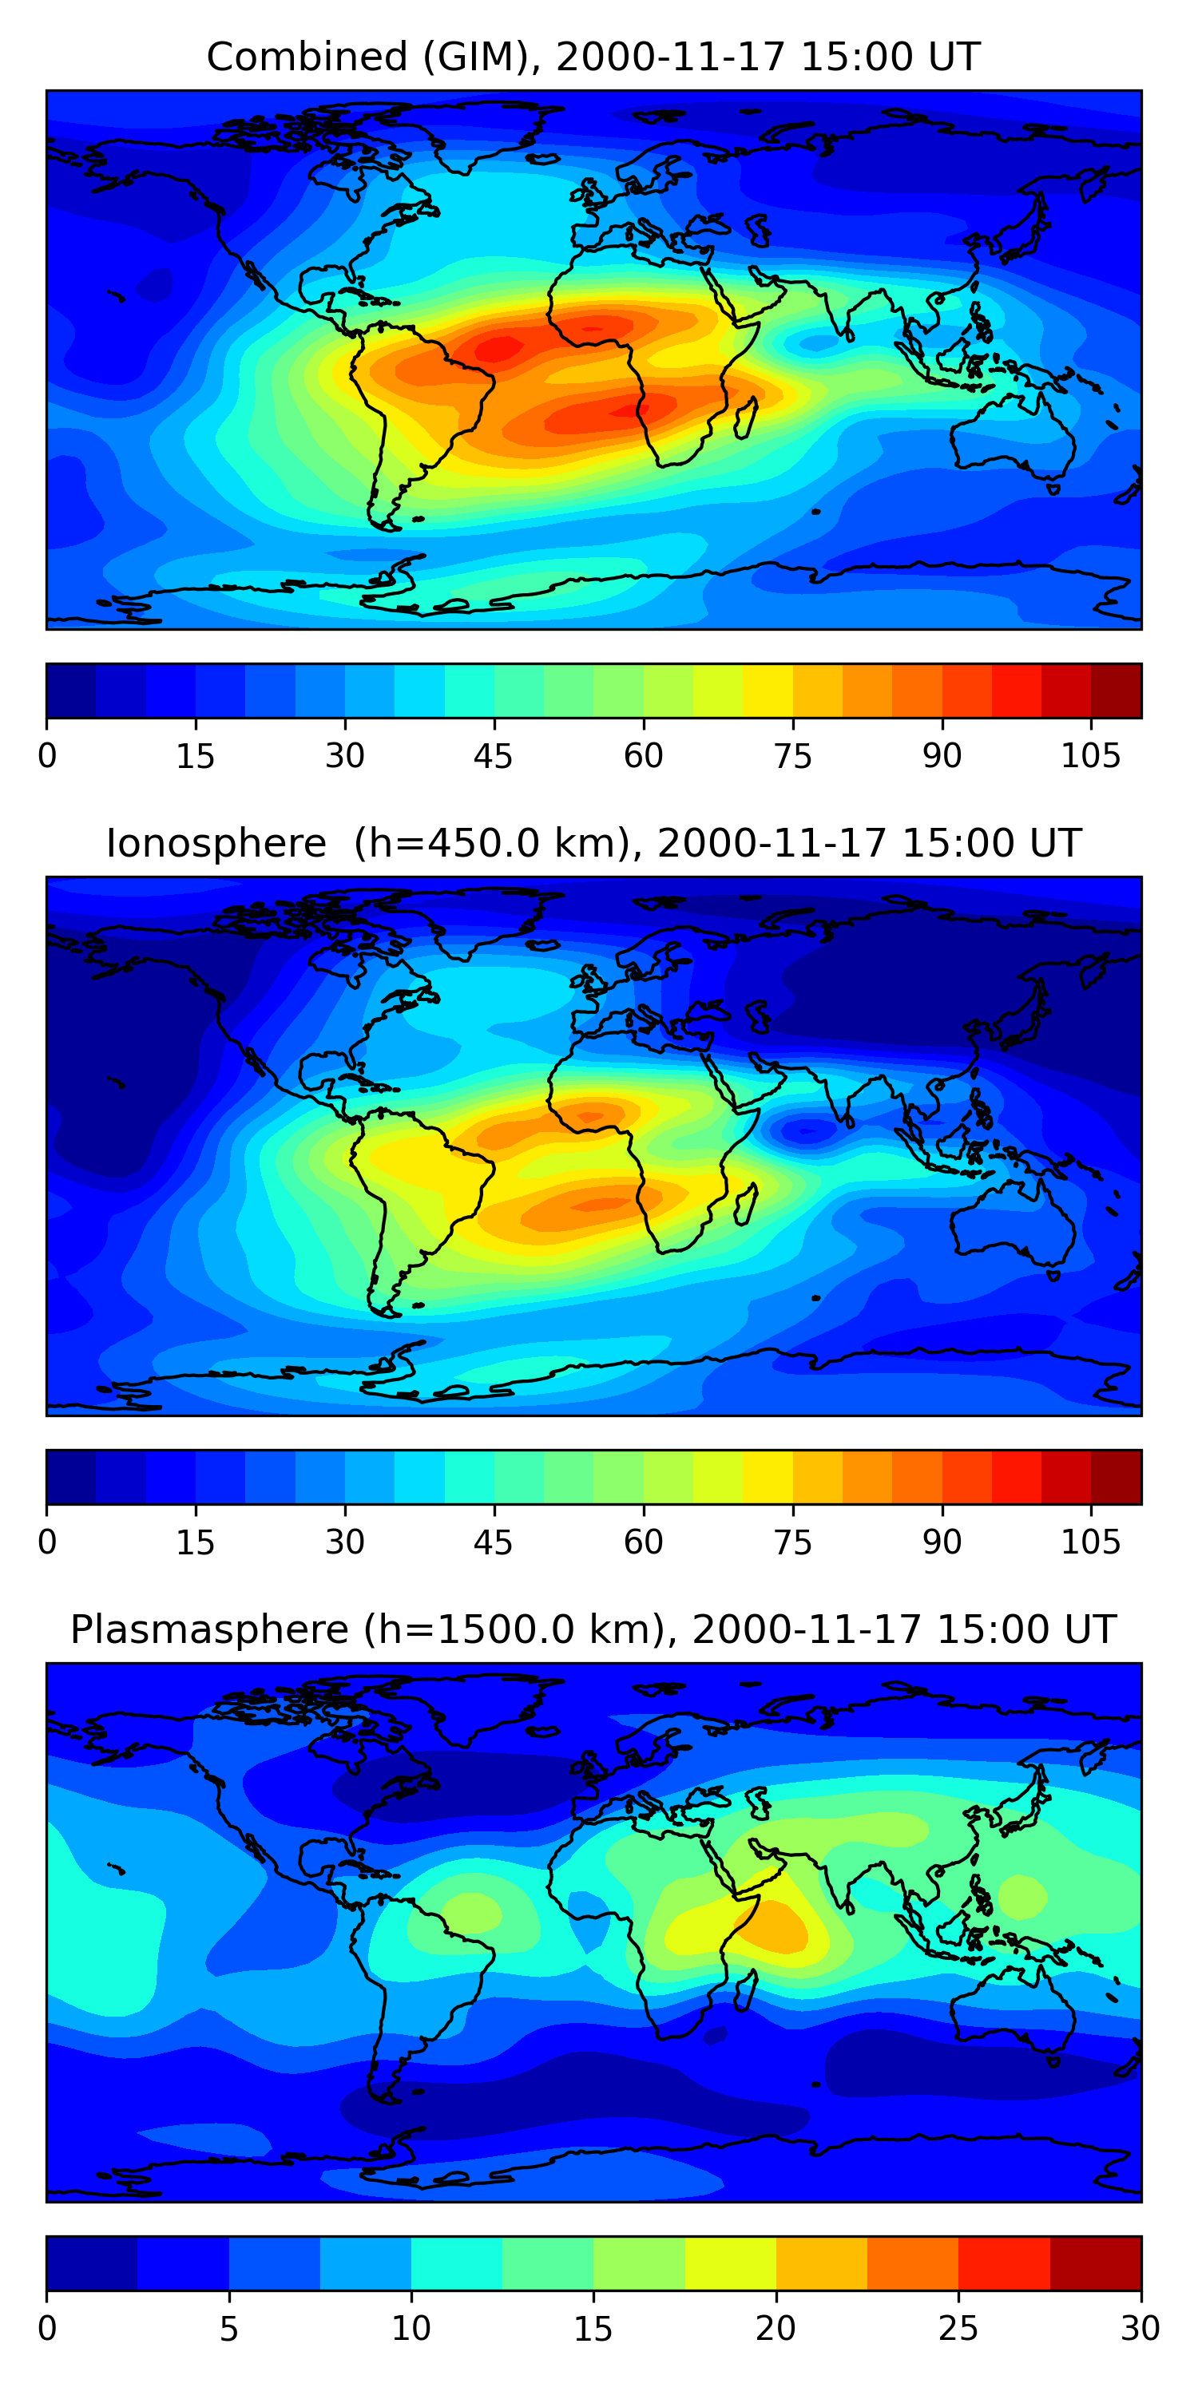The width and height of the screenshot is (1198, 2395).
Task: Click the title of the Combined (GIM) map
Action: pyautogui.click(x=593, y=57)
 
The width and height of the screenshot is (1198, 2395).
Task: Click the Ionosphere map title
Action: pyautogui.click(x=593, y=844)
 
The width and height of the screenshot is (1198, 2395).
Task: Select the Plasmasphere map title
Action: pyautogui.click(x=593, y=1630)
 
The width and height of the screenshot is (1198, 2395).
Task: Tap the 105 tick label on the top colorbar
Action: pyautogui.click(x=1090, y=757)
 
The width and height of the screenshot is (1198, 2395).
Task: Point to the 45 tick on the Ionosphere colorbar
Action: pyautogui.click(x=493, y=1542)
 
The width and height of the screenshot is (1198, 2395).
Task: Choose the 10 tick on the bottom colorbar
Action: pyautogui.click(x=411, y=2329)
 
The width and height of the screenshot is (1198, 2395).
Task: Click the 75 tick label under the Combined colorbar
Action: pyautogui.click(x=792, y=757)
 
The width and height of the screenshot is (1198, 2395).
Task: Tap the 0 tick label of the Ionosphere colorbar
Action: pyautogui.click(x=47, y=1542)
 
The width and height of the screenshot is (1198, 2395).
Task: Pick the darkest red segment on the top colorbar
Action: pyautogui.click(x=1117, y=691)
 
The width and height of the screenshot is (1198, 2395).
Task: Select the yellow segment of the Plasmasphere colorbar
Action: pyautogui.click(x=730, y=2263)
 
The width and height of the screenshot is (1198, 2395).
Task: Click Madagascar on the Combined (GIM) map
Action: pyautogui.click(x=747, y=417)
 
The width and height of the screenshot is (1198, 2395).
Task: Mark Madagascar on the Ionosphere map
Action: pyautogui.click(x=747, y=1202)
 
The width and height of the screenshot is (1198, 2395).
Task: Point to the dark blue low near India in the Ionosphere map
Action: pyautogui.click(x=806, y=1130)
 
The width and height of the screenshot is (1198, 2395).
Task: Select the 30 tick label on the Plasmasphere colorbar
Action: pyautogui.click(x=1140, y=2329)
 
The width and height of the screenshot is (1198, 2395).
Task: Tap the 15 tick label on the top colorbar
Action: pyautogui.click(x=196, y=757)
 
